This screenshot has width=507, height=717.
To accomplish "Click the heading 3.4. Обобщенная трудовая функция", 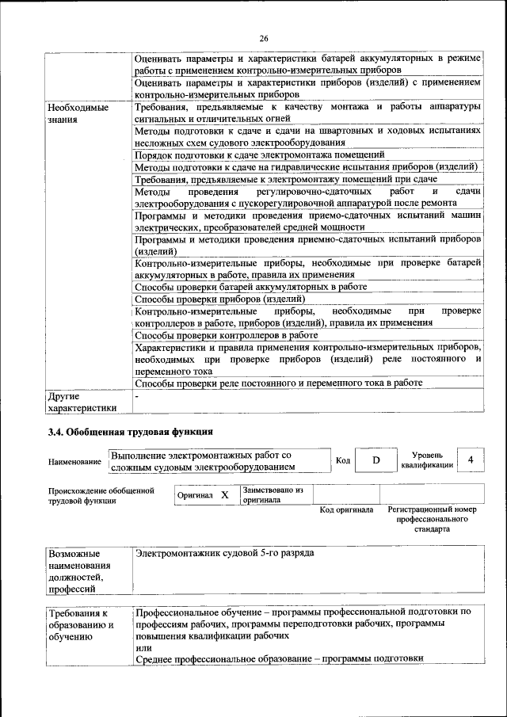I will coord(132,432).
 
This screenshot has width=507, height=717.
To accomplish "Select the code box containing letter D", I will coord(377,460).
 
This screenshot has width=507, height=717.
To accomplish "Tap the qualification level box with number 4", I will coord(471,460).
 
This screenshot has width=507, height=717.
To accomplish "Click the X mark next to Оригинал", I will coord(225,495).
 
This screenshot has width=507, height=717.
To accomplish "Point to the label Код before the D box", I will coord(343,461).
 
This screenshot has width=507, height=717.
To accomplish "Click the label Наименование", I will coord(74,462).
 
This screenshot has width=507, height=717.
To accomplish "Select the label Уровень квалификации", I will coord(433,460).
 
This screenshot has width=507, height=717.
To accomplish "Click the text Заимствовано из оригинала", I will coord(273,495).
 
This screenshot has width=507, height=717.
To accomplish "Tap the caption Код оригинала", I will coord(346,510).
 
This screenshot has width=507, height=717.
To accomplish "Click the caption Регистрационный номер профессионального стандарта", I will coord(432,520).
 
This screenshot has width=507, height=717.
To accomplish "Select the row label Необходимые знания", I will coord(76,113).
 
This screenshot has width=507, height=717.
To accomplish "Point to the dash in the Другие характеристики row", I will coord(137,395).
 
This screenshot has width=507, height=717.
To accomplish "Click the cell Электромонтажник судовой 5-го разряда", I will coord(225,552).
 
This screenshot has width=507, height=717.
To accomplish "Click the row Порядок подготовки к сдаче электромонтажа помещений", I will coord(260,154).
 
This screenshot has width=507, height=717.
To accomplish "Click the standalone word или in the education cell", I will coord(143,647).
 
